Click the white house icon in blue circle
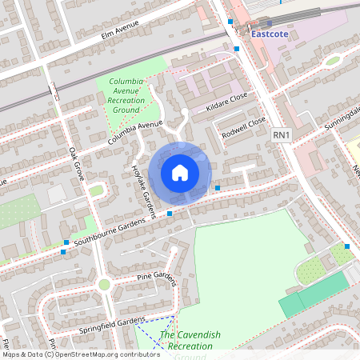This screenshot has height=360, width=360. point(180,173)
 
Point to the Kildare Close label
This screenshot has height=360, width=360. point(228,103)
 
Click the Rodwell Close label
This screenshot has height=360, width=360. point(244,127)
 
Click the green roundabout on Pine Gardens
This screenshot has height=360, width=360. point(103,284)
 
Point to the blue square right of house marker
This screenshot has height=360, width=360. point(218,187)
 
